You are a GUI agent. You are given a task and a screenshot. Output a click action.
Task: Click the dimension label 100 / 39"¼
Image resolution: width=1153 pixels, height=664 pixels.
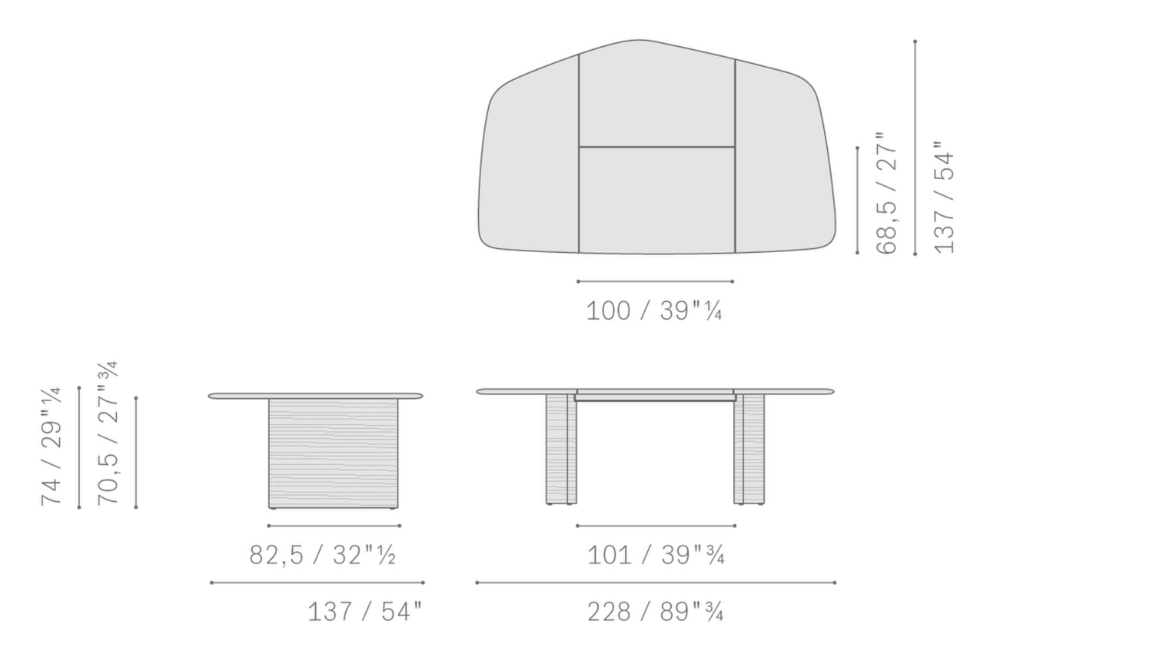point(654,311)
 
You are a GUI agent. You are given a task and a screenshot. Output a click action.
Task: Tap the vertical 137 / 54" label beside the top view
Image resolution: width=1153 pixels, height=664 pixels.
point(943,198)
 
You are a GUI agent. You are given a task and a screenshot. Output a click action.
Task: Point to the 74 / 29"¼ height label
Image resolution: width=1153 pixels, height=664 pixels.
point(52,446)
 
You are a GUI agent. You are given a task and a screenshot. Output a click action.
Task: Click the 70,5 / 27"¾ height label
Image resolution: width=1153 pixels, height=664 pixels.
point(108,433)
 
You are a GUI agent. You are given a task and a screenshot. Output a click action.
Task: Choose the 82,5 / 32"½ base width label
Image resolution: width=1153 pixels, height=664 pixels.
point(323,555)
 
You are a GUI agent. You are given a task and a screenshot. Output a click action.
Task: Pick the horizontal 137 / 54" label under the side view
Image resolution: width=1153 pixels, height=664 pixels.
point(365,612)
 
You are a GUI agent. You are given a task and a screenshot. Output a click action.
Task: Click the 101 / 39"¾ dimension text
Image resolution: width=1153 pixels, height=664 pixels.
point(656,555)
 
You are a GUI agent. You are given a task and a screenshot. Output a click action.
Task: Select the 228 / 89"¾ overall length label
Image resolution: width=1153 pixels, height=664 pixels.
point(655,612)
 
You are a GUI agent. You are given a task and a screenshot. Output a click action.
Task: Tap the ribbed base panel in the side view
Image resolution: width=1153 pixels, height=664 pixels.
point(334,453)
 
